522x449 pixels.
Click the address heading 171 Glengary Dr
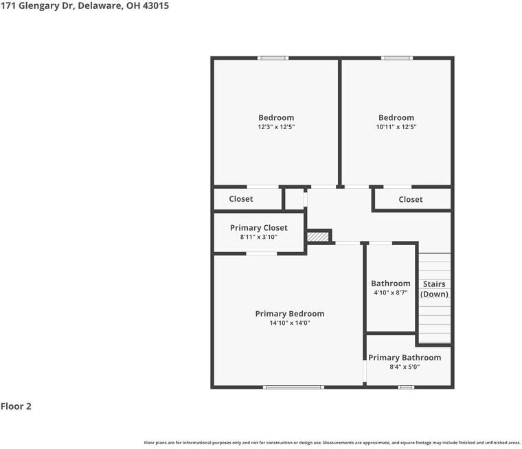(84, 5)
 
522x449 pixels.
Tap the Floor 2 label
(16, 406)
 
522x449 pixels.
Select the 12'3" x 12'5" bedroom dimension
(276, 127)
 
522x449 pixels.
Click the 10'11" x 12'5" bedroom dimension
(396, 127)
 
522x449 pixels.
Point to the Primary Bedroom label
(289, 314)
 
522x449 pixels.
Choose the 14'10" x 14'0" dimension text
(289, 323)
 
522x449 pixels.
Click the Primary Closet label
(258, 228)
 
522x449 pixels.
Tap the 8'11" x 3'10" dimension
(258, 237)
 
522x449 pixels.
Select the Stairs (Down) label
(434, 289)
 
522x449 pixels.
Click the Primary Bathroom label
(405, 358)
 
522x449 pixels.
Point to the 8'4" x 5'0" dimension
(405, 367)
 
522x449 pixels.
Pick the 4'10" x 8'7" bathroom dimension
(390, 292)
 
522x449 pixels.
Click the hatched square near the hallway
(318, 236)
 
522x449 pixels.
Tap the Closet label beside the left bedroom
(240, 199)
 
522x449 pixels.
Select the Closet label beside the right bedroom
(410, 199)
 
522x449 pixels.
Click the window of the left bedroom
(273, 58)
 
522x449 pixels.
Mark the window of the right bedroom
(396, 58)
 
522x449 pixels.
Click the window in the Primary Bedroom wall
(293, 387)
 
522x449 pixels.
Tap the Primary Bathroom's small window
(407, 387)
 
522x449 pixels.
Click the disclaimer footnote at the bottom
(332, 443)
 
